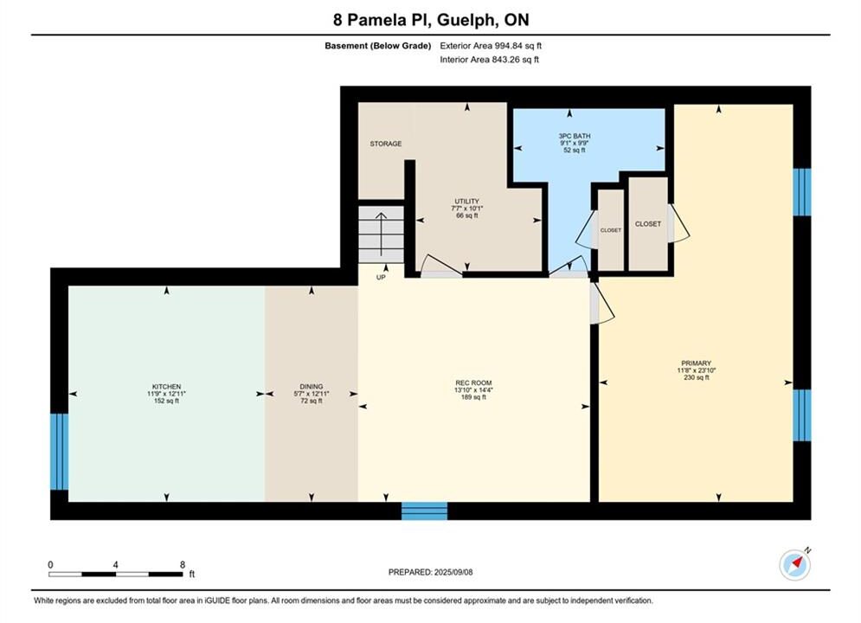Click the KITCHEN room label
pyautogui.click(x=166, y=387)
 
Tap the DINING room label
pyautogui.click(x=312, y=387)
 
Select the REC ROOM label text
pyautogui.click(x=473, y=383)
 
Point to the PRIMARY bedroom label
pyautogui.click(x=697, y=363)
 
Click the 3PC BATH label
pyautogui.click(x=575, y=136)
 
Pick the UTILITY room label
pyautogui.click(x=466, y=202)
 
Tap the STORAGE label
pyautogui.click(x=385, y=144)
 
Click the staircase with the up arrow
pyautogui.click(x=381, y=235)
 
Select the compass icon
pyautogui.click(x=795, y=564)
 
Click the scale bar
pyautogui.click(x=115, y=575)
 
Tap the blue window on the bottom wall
pyautogui.click(x=425, y=511)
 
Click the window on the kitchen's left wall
pyautogui.click(x=60, y=452)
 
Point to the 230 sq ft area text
pyautogui.click(x=697, y=377)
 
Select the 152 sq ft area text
pyautogui.click(x=166, y=401)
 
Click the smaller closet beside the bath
pyautogui.click(x=611, y=230)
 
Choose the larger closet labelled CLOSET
pyautogui.click(x=648, y=224)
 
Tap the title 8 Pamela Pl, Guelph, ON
pyautogui.click(x=431, y=20)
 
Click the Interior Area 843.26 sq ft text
pyautogui.click(x=489, y=60)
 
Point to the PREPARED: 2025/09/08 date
pyautogui.click(x=431, y=572)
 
